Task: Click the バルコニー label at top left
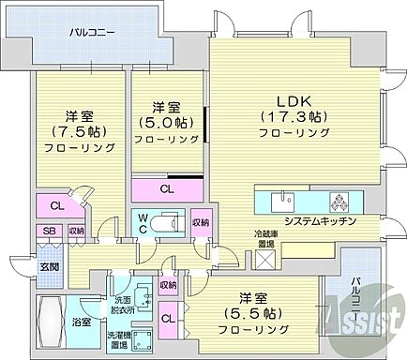point(91,33)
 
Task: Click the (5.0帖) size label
point(166,122)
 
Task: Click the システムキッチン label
point(317,221)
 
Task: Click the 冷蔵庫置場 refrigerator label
point(269,238)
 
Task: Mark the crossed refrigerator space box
point(268,260)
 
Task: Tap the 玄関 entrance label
point(48,266)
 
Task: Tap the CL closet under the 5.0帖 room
point(166,189)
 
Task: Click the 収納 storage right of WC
point(200,223)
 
